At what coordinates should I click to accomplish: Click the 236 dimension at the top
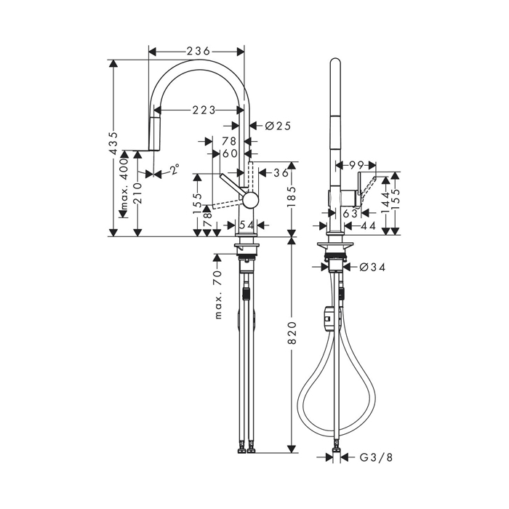[198, 51]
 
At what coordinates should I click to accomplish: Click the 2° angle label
[175, 169]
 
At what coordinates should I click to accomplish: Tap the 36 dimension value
[281, 173]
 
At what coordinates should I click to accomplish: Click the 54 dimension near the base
[246, 225]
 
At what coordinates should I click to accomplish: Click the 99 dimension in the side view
[355, 166]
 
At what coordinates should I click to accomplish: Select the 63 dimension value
[350, 213]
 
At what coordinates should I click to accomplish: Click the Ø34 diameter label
[372, 267]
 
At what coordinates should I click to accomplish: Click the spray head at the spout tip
[153, 132]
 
